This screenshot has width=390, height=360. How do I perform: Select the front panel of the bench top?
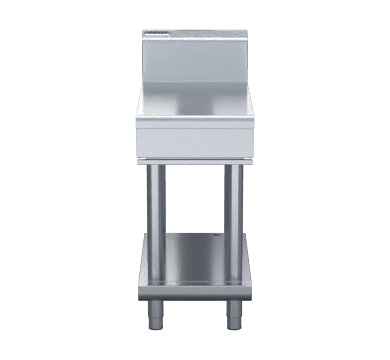[x=195, y=142]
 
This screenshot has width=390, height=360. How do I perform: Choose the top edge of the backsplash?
[x=195, y=32]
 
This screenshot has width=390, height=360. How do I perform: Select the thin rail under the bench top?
[x=195, y=161]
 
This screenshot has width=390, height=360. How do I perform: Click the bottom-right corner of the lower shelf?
[x=251, y=295]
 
